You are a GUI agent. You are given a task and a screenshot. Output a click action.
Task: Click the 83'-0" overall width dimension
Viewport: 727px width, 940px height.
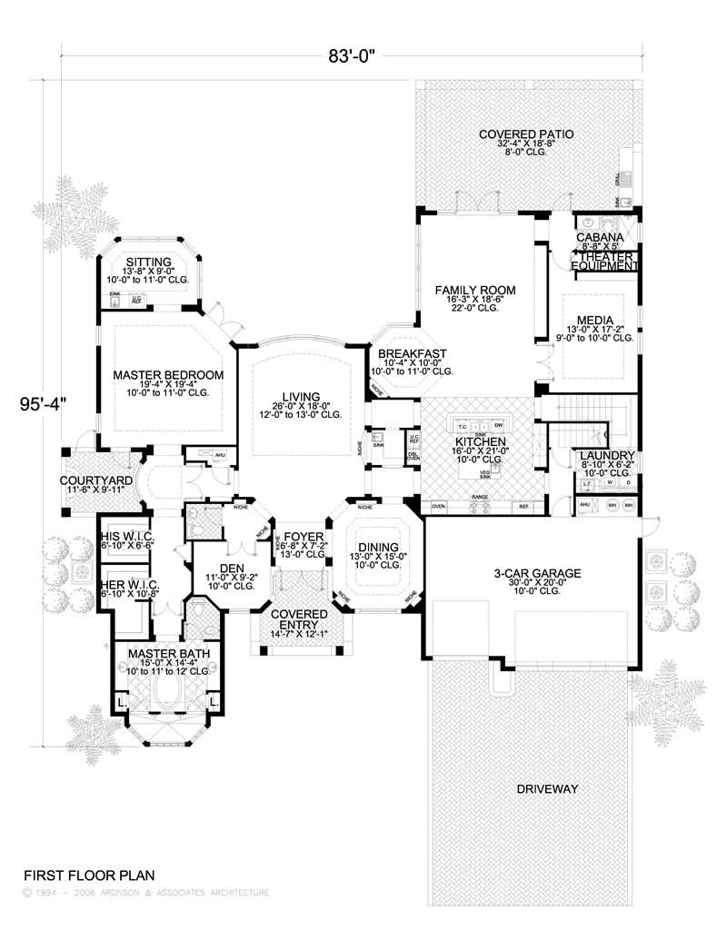pyautogui.click(x=352, y=54)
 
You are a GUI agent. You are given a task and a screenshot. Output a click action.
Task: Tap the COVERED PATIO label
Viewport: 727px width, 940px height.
pyautogui.click(x=526, y=135)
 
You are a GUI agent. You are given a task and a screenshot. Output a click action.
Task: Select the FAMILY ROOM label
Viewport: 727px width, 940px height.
pyautogui.click(x=474, y=291)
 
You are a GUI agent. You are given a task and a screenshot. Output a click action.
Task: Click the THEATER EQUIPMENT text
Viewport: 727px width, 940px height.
pyautogui.click(x=604, y=262)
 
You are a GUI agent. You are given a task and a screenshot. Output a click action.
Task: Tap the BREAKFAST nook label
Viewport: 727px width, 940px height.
pyautogui.click(x=412, y=353)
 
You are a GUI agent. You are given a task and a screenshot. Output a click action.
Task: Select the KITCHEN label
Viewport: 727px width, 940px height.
pyautogui.click(x=480, y=441)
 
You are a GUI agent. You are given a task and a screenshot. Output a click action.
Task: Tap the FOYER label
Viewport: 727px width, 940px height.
pyautogui.click(x=304, y=538)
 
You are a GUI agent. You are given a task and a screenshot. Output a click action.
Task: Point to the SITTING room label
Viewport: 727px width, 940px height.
pyautogui.click(x=151, y=262)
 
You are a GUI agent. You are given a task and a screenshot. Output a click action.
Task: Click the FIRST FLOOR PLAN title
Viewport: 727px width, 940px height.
pyautogui.click(x=88, y=876)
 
